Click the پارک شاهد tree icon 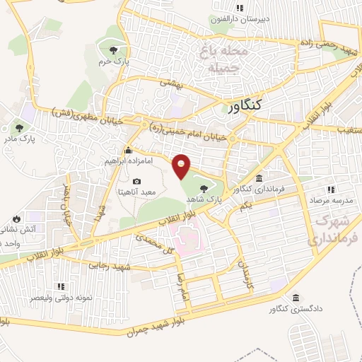tap(204, 188)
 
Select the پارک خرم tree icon tap(112, 49)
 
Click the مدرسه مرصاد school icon tap(330, 189)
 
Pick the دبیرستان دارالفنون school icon tap(240, 8)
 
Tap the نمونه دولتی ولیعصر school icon tap(60, 287)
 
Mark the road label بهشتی tap(170, 83)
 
